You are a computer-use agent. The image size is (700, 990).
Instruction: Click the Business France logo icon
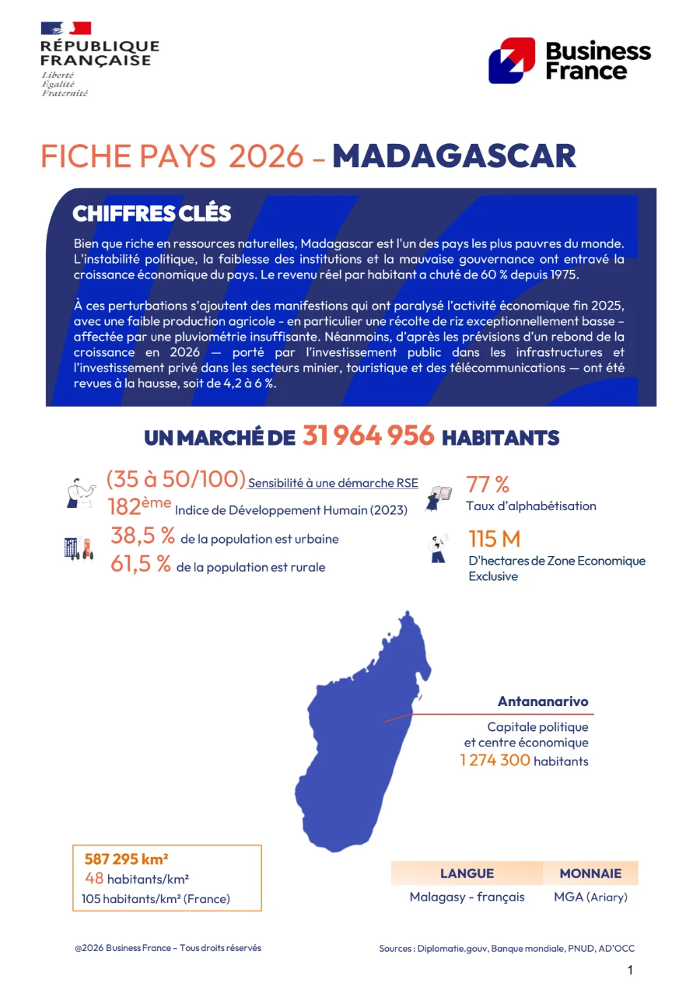click(x=511, y=60)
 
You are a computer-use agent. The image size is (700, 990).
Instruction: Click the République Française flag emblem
click(x=66, y=29)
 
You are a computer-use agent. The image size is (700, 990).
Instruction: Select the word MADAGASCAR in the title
click(x=454, y=156)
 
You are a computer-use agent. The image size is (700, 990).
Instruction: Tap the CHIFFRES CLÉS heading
click(x=152, y=213)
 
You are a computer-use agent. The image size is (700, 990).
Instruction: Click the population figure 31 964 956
click(x=368, y=436)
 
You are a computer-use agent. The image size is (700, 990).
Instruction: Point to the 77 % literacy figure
click(x=488, y=485)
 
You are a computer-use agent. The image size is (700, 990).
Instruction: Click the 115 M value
click(x=494, y=539)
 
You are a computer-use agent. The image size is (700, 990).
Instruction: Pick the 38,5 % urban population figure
click(x=142, y=536)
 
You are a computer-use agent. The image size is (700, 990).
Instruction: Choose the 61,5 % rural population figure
click(x=141, y=565)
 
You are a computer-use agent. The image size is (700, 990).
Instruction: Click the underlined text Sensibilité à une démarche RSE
click(x=333, y=483)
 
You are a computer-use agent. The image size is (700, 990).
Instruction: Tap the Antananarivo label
click(x=543, y=701)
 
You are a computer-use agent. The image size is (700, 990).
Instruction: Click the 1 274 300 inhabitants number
click(x=495, y=761)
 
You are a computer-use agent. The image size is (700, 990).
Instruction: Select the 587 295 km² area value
click(x=127, y=859)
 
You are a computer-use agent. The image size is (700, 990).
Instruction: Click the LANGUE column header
click(x=467, y=873)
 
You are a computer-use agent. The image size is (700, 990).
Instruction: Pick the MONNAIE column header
click(x=590, y=873)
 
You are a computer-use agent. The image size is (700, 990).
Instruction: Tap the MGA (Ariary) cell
click(x=590, y=897)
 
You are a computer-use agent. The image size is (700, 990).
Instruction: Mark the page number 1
click(x=630, y=970)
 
